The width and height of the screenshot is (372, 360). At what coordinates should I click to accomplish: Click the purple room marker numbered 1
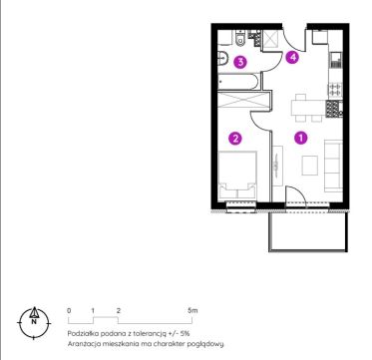point(301,138)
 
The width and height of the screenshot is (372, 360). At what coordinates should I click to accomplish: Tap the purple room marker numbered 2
point(235,139)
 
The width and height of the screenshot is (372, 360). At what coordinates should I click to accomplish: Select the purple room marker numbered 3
point(240,62)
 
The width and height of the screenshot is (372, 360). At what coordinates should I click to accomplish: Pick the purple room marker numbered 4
point(292,58)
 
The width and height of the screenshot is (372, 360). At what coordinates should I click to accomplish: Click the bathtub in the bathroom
point(238,82)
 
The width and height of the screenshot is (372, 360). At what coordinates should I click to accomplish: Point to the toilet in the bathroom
point(239,38)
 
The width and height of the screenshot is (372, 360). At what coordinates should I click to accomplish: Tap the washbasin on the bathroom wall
point(222,59)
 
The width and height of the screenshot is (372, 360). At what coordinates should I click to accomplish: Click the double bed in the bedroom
point(237,177)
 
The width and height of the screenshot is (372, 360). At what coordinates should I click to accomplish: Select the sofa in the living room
point(333,166)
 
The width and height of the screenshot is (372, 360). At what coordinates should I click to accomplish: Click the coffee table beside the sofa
point(310,166)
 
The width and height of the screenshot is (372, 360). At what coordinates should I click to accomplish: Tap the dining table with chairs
point(308,108)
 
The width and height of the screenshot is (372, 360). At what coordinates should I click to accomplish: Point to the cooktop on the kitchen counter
point(335,89)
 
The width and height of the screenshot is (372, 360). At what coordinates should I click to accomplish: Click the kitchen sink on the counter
point(335,60)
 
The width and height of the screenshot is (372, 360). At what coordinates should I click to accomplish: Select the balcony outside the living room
point(308,231)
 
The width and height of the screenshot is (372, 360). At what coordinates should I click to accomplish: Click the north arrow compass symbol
point(34,322)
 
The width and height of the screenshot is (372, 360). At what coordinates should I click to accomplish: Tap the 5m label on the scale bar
point(192,311)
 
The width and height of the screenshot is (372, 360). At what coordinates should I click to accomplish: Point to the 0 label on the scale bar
point(69,311)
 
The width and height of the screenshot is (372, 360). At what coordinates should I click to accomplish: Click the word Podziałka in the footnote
point(80,333)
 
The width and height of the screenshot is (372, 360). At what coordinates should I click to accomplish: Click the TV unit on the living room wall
point(277,166)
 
